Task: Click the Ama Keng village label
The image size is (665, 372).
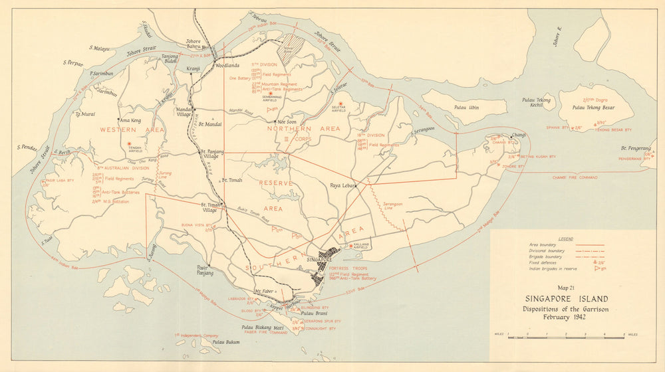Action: [x=129, y=120]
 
